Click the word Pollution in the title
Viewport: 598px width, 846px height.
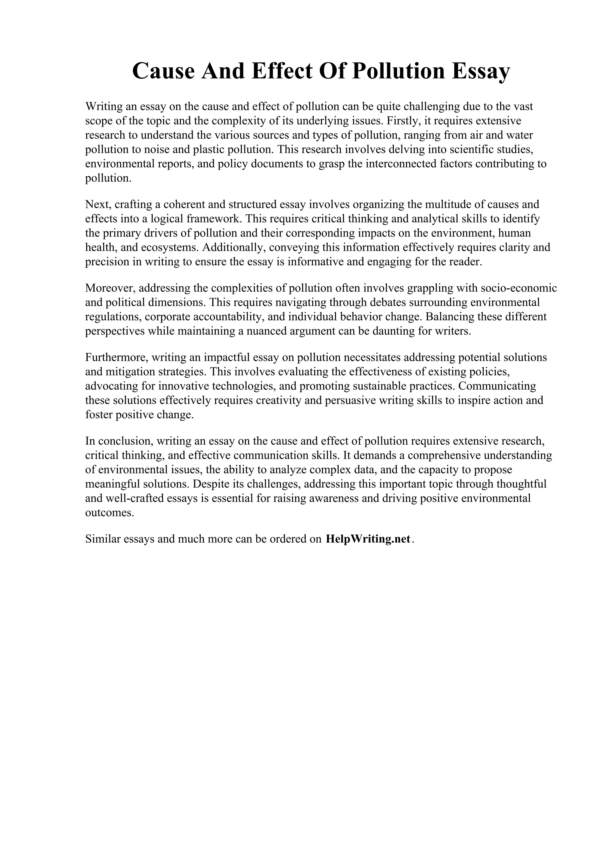[x=398, y=71]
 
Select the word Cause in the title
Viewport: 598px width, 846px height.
[x=163, y=71]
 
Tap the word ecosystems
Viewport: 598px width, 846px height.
[x=170, y=248]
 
